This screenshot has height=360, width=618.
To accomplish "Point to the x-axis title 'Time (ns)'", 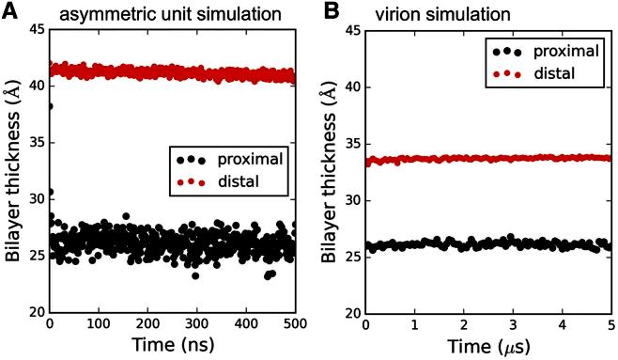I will pos(173,346).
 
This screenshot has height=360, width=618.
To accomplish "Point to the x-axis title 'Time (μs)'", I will pos(487,346).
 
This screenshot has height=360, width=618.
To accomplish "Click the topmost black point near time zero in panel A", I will pos(50,106).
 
